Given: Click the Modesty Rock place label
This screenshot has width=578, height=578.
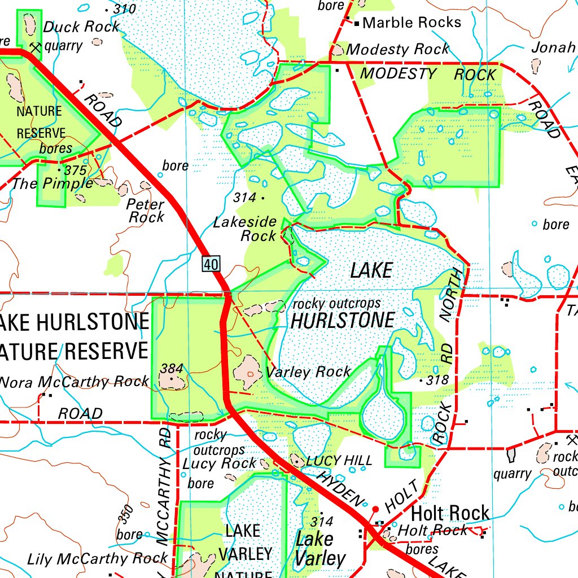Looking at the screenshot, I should (x=397, y=50).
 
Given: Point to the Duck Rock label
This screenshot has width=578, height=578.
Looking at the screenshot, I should (x=81, y=27).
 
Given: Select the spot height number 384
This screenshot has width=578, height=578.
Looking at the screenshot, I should (x=172, y=369).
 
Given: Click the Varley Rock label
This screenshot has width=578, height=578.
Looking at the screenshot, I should (x=308, y=372).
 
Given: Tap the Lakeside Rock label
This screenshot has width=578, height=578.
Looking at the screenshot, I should (x=245, y=229).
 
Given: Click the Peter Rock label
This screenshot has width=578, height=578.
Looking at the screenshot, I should (x=146, y=210).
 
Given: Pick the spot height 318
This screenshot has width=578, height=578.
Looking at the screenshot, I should (x=437, y=380).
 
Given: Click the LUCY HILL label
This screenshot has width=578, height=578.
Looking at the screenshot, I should (x=339, y=461).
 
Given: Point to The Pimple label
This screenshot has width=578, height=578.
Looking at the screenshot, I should (x=52, y=183).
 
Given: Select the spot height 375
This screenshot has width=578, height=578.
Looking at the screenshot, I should (x=75, y=170).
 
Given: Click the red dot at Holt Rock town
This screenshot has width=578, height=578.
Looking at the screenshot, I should (x=375, y=509).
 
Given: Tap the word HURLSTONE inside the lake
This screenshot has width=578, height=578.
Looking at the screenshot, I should (x=342, y=321).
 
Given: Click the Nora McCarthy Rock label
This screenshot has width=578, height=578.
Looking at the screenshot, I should (x=75, y=382).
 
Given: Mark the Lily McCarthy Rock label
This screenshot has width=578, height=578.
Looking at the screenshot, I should (x=97, y=559).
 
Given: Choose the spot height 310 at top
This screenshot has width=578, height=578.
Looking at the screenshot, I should (x=124, y=9).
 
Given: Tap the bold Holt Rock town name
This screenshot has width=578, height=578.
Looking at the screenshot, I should (x=450, y=514).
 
